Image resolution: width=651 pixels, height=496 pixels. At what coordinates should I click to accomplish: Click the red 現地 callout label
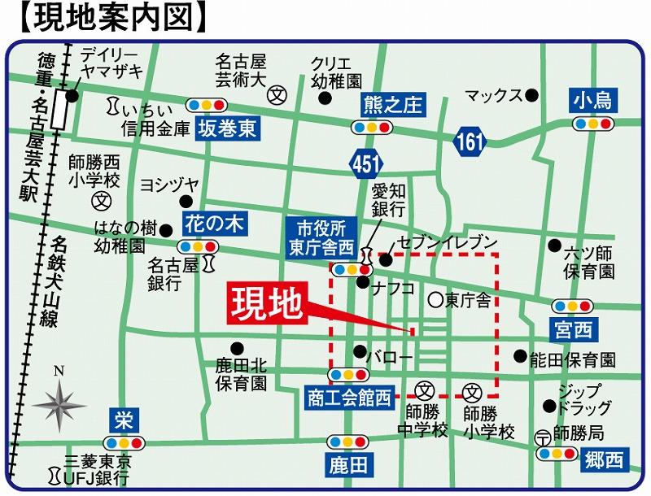[x=267, y=302]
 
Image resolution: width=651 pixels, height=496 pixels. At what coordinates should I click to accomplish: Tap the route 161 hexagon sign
[x=470, y=142]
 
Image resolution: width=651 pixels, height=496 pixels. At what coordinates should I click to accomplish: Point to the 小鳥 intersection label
[x=592, y=101]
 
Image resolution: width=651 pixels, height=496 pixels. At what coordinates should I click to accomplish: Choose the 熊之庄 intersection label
[x=393, y=104]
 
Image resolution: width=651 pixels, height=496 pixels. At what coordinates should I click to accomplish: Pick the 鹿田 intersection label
[x=348, y=465]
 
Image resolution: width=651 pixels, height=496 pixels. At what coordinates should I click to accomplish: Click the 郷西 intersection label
[x=604, y=459]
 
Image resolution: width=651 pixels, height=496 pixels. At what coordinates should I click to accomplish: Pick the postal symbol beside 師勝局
[x=543, y=437]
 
